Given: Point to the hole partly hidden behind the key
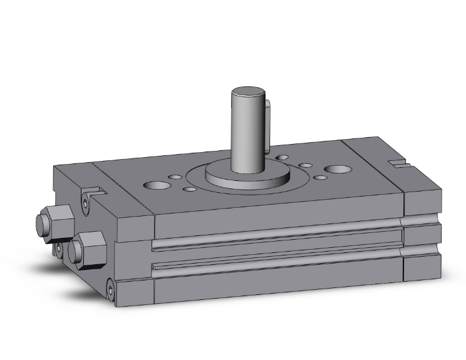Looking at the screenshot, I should (x=283, y=157).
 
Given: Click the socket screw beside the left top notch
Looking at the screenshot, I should (x=85, y=202).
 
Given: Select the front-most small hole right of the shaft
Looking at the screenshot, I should (x=319, y=177).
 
